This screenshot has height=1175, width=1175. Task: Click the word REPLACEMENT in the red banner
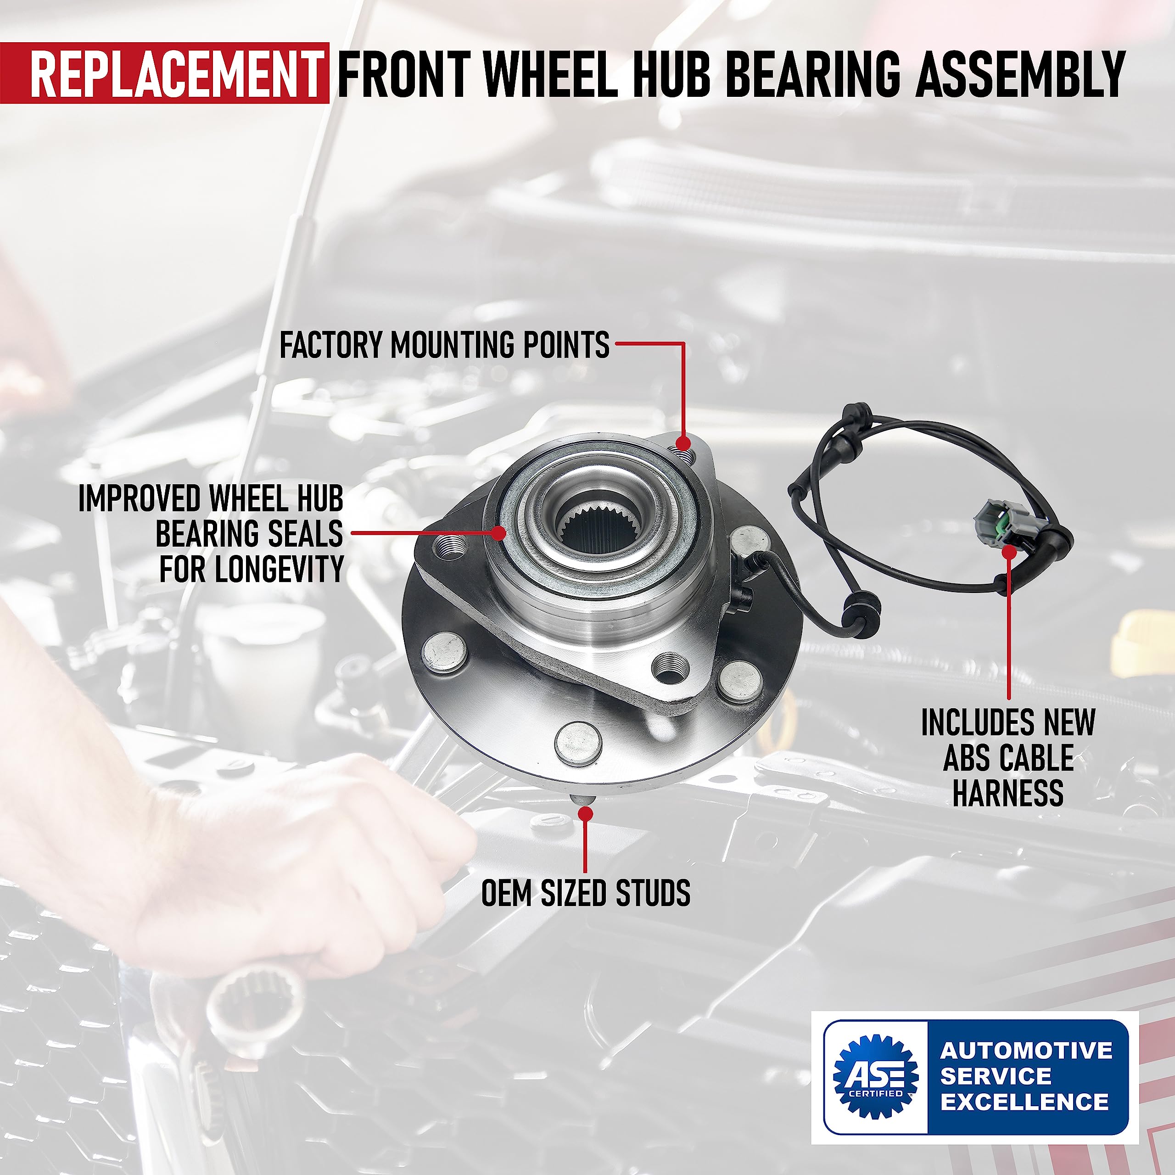176,75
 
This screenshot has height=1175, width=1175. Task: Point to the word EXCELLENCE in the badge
1025,1102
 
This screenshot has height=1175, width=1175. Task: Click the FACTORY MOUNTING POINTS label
444,345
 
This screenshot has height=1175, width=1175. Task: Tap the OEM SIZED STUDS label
585,893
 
